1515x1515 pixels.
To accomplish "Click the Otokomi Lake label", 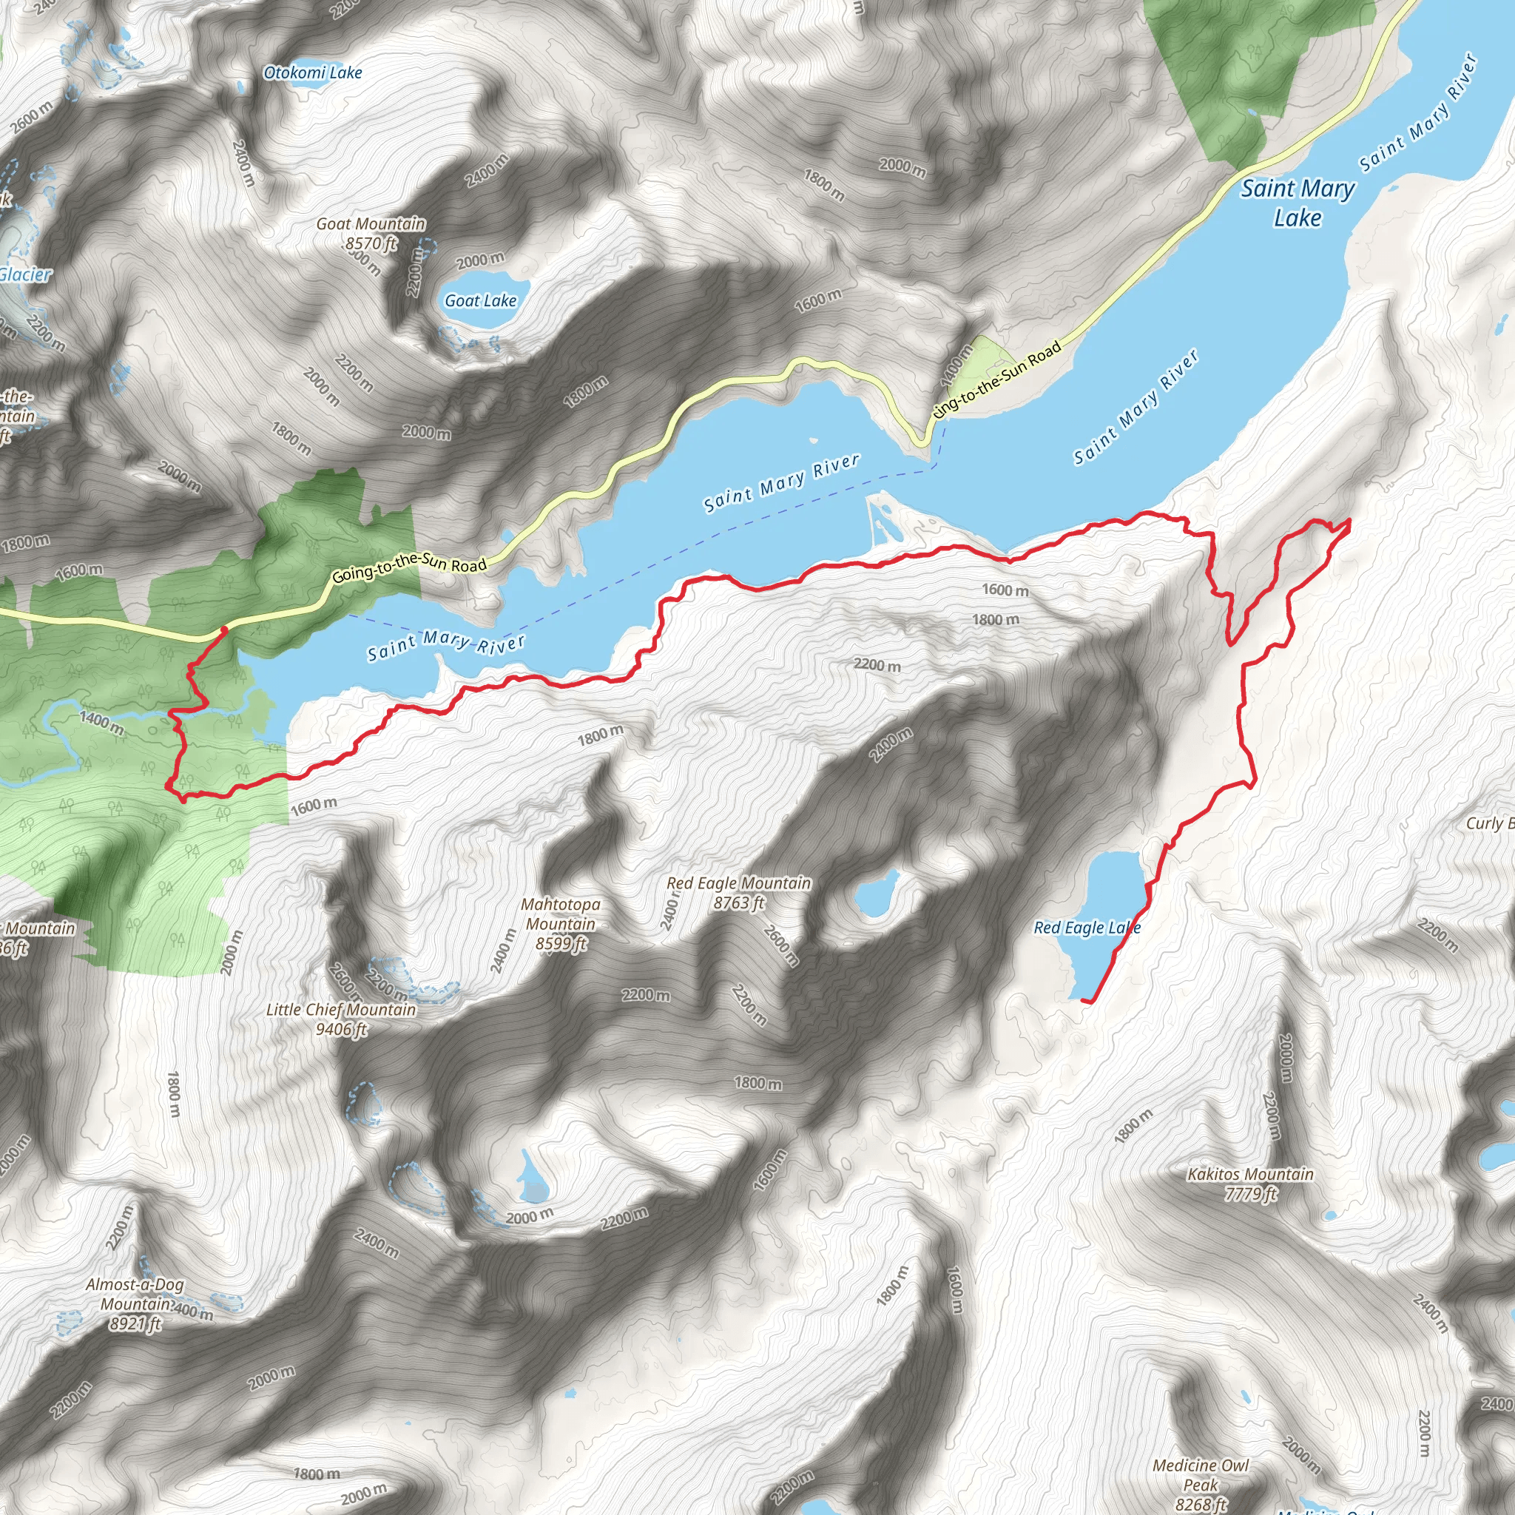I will coord(313,73).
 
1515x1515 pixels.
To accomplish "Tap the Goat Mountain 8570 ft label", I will coord(371,234).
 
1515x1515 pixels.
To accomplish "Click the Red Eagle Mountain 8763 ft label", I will coord(739,892).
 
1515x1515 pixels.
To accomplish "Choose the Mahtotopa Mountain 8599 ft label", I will coord(561,924).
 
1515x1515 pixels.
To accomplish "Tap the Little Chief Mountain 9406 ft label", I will coord(341,1019).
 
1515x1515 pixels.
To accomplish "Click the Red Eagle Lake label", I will coord(1087,928).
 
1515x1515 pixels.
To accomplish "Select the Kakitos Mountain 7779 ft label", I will coord(1250,1184).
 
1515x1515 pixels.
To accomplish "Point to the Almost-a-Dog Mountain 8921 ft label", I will coord(135,1304).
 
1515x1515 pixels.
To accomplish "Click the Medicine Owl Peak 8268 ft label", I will coord(1201,1484).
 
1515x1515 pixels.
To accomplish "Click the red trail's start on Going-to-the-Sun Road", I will coord(223,629).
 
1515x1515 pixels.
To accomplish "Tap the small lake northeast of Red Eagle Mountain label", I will coord(876,893).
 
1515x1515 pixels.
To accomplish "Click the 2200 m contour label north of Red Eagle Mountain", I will coord(877,665).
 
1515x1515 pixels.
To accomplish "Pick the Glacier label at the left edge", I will coord(25,274).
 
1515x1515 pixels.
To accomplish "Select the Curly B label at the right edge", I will coord(1490,823).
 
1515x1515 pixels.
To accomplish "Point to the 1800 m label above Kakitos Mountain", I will coord(1134,1126).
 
